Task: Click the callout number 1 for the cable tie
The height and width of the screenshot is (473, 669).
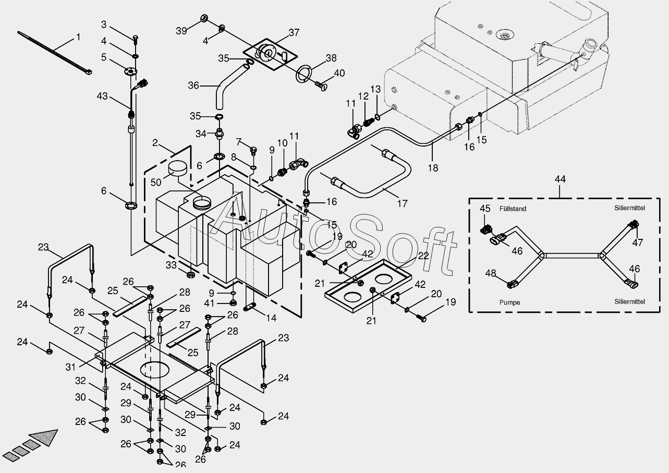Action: coord(78,37)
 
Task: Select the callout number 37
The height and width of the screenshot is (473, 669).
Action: coord(294,32)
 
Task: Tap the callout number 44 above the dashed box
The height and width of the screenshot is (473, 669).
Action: coord(559,179)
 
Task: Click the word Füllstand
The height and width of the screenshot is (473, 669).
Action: coord(512,209)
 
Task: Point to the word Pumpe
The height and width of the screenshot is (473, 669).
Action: coord(509,302)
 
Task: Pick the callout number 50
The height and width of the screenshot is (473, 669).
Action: coord(156,182)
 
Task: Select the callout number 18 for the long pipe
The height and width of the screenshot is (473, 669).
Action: coord(433,168)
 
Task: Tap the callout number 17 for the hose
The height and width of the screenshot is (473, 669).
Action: coord(402,204)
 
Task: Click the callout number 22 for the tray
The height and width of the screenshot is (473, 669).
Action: coord(423,256)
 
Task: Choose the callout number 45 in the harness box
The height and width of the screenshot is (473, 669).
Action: coord(485,209)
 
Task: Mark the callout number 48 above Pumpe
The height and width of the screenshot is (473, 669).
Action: coord(490,273)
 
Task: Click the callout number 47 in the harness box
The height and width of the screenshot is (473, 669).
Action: coord(637,242)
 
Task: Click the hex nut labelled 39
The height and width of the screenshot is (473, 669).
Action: coord(204,19)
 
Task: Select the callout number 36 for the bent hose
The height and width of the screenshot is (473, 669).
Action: coord(193,86)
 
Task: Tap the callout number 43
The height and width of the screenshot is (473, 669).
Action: coord(103,96)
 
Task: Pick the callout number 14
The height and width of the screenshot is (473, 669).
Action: coord(271,317)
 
